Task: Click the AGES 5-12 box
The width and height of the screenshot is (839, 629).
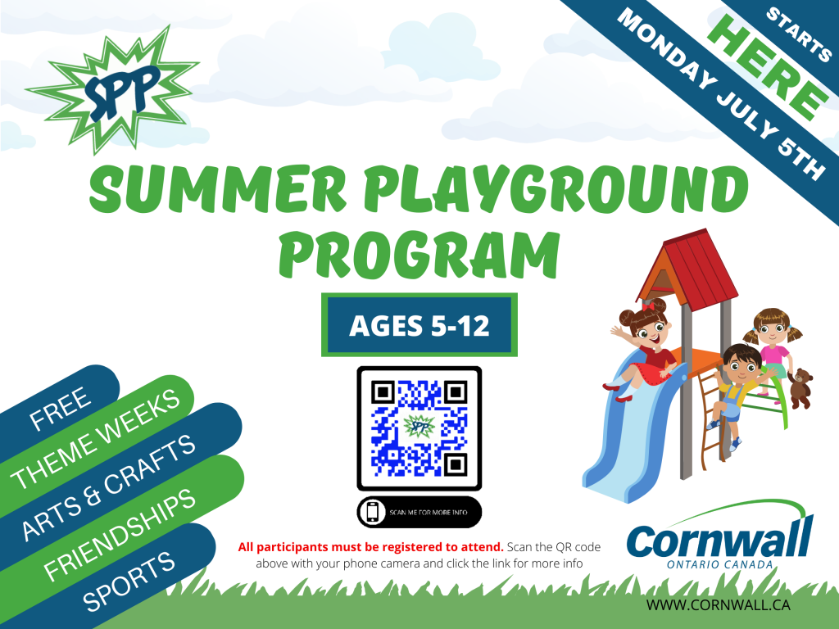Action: coord(419,325)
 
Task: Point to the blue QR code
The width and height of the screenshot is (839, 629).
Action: coord(419,428)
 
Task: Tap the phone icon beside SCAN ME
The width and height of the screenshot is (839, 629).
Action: coord(373,512)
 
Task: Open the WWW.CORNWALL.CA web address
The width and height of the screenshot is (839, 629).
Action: coord(718,605)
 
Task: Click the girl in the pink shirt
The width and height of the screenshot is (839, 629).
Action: coord(769,344)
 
